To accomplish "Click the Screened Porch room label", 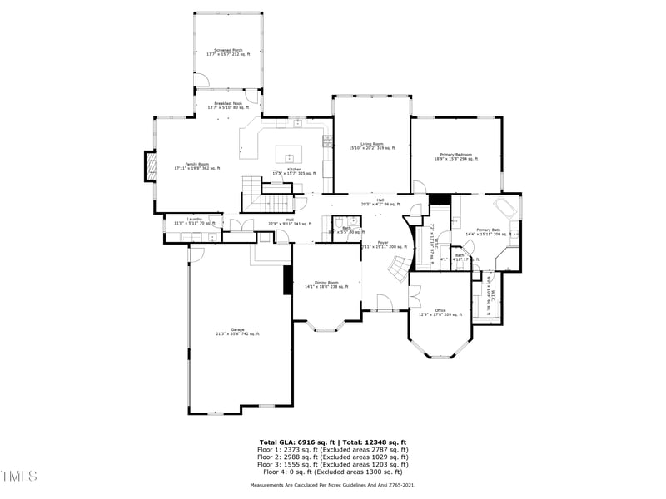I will [227, 52].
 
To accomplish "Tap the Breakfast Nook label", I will [227, 106].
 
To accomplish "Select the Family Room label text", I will [197, 166].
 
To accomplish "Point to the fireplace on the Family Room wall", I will [150, 166].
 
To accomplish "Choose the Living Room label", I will [371, 146].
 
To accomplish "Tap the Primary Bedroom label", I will [453, 156].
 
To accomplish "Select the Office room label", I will [440, 313].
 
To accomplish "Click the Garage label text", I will [237, 332].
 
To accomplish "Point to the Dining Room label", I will [326, 284].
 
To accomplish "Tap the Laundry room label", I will [194, 221].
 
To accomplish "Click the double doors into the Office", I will [413, 296].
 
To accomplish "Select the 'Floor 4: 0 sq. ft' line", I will [333, 471].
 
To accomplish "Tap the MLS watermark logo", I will [19, 476].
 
